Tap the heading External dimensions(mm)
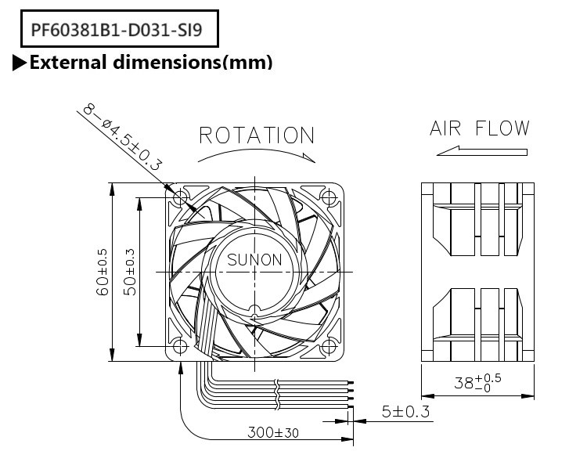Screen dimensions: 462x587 click(150, 63)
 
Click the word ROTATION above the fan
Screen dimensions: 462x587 click(257, 135)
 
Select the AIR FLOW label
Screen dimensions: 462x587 click(479, 128)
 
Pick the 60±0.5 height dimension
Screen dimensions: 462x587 click(102, 272)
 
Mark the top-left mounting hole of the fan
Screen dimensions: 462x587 click(180, 197)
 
